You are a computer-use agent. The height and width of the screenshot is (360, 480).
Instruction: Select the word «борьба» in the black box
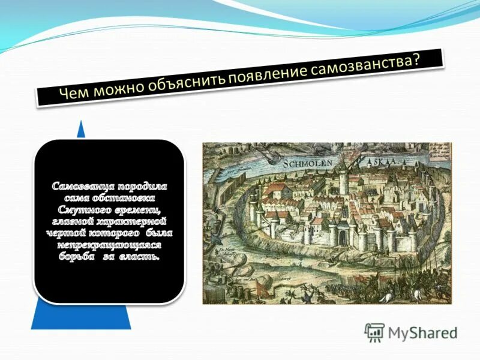79,257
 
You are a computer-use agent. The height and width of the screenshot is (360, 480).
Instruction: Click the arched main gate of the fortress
342,237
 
